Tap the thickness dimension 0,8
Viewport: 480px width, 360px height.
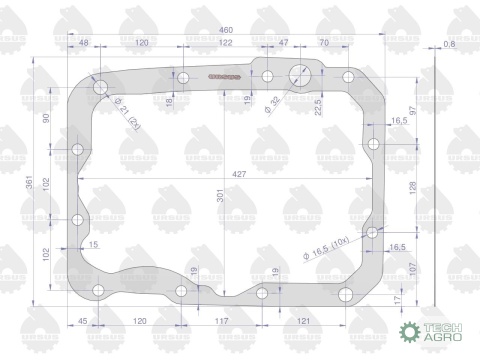tap(448, 45)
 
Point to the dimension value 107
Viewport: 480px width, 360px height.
tap(411, 264)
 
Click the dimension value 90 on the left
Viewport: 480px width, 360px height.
tap(46, 117)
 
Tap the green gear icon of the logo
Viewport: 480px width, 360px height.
tap(408, 332)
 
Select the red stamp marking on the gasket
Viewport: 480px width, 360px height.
tap(220, 77)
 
